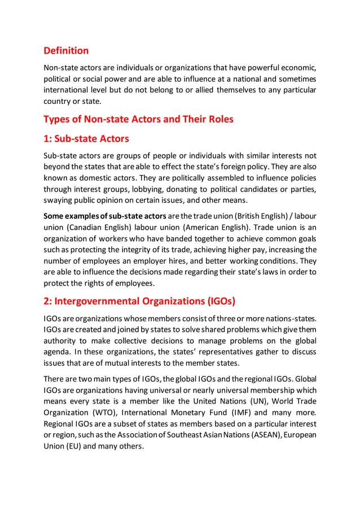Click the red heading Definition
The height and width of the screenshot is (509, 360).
(x=66, y=51)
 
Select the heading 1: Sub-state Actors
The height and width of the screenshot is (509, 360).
(x=86, y=138)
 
